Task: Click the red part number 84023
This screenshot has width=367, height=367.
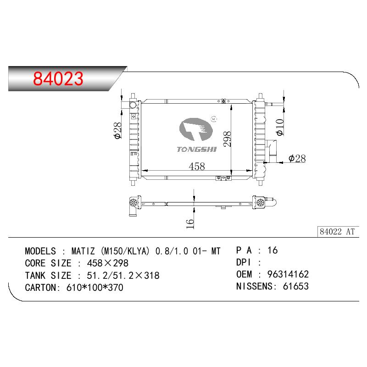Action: (x=58, y=78)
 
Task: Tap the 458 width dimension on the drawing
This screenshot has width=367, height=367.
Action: (x=197, y=167)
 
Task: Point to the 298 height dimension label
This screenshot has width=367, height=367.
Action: (x=227, y=139)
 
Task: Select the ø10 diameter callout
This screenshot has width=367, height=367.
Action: (x=280, y=128)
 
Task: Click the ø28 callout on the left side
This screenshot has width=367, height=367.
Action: (x=118, y=130)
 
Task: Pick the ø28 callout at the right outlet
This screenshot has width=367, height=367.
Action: (x=297, y=158)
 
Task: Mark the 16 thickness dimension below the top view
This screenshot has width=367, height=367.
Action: (x=190, y=224)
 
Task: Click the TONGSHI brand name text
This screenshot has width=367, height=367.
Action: (x=197, y=150)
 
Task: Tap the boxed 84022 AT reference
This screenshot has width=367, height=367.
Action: (x=337, y=232)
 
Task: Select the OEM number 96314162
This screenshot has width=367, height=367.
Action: (x=288, y=274)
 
